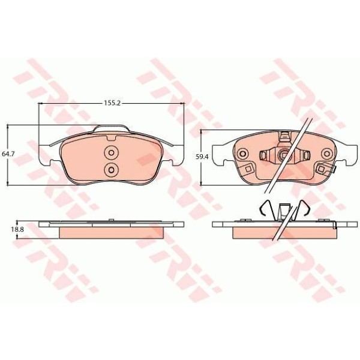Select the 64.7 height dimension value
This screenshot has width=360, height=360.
[x=8, y=154]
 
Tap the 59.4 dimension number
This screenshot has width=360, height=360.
[x=202, y=157]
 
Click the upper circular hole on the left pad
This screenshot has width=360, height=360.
[x=112, y=152]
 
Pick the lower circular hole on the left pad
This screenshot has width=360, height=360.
[x=112, y=170]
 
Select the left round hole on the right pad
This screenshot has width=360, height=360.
[x=242, y=154]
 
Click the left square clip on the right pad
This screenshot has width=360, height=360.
[x=248, y=169]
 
